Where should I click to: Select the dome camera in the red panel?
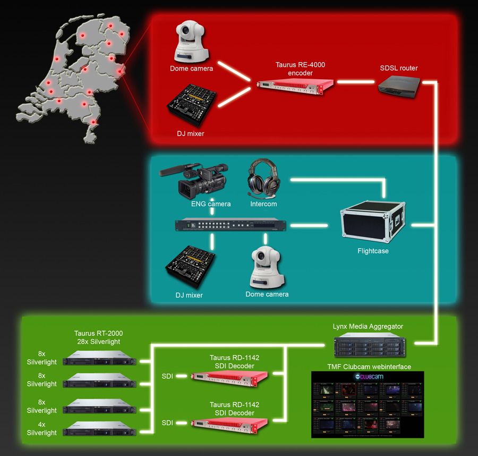(x=191, y=42)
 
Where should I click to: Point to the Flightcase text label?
(x=373, y=251)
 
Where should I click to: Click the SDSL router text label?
(x=399, y=68)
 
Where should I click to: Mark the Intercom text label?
(x=263, y=204)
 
